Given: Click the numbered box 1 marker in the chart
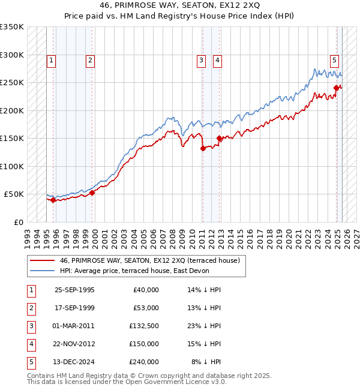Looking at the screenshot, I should pyautogui.click(x=52, y=59).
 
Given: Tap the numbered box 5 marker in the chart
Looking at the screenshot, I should pyautogui.click(x=334, y=59).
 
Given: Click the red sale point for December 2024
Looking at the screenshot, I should pyautogui.click(x=336, y=88).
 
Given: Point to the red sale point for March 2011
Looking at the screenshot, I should pyautogui.click(x=203, y=148).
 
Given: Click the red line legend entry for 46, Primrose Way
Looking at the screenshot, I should pyautogui.click(x=149, y=260).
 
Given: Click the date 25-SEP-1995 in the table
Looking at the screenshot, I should pyautogui.click(x=74, y=290).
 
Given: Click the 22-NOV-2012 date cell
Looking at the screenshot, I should pyautogui.click(x=74, y=344).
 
